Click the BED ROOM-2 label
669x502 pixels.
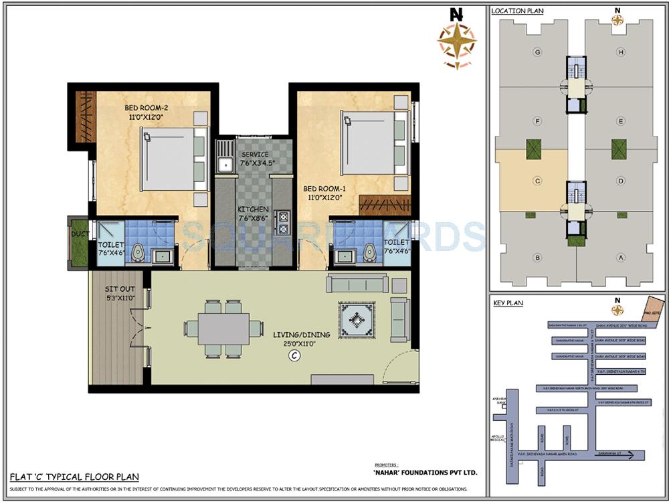pyautogui.click(x=145, y=108)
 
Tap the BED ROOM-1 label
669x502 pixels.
pyautogui.click(x=323, y=189)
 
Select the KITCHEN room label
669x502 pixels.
pyautogui.click(x=254, y=210)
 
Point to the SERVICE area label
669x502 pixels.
pyautogui.click(x=254, y=155)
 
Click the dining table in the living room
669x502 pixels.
pyautogui.click(x=223, y=329)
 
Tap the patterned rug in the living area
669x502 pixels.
pyautogui.click(x=359, y=320)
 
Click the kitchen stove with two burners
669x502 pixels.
pyautogui.click(x=283, y=223)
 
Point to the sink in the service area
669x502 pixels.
pyautogui.click(x=225, y=162)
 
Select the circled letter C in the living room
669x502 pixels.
pyautogui.click(x=293, y=356)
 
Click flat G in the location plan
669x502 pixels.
pyautogui.click(x=537, y=52)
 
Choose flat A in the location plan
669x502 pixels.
pyautogui.click(x=621, y=257)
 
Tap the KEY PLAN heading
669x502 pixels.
pyautogui.click(x=508, y=303)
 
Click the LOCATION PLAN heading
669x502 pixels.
pyautogui.click(x=517, y=11)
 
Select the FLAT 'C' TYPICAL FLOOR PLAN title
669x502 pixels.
pyautogui.click(x=74, y=477)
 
